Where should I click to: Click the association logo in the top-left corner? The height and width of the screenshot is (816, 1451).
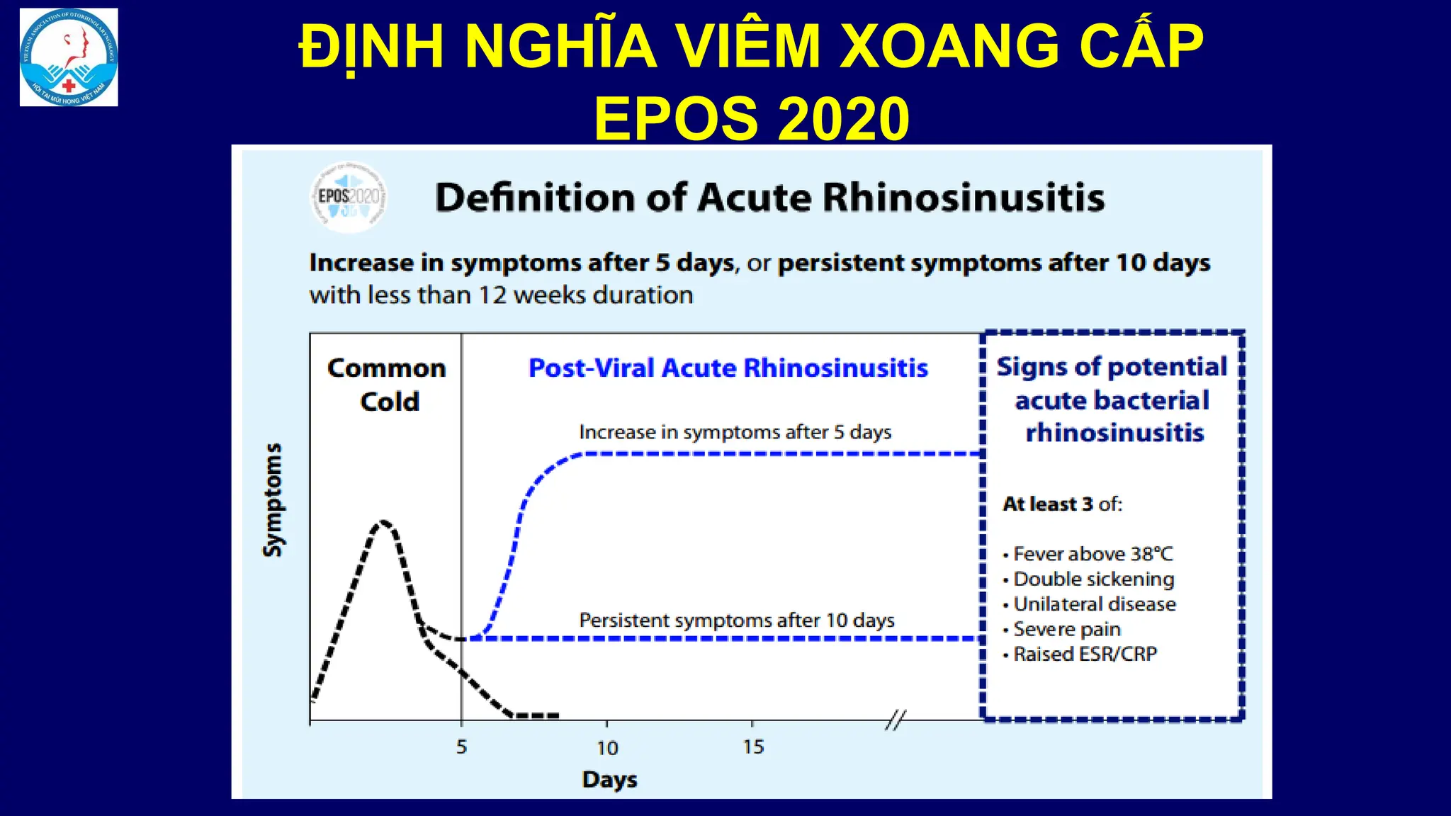pyautogui.click(x=69, y=57)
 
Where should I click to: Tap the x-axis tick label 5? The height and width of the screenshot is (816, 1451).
pyautogui.click(x=461, y=747)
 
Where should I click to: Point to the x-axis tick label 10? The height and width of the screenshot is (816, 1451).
pyautogui.click(x=607, y=748)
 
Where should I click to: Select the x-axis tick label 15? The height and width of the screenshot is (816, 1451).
pyautogui.click(x=753, y=747)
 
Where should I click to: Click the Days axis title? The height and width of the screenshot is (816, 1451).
pyautogui.click(x=609, y=780)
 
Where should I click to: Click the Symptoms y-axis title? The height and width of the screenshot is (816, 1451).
pyautogui.click(x=273, y=500)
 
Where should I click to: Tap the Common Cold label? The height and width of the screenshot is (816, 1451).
pyautogui.click(x=388, y=385)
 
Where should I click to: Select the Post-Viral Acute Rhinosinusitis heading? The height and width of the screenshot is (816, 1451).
pyautogui.click(x=728, y=368)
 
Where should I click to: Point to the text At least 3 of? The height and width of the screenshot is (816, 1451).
pyautogui.click(x=1062, y=504)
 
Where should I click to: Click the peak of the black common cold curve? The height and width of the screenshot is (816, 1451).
pyautogui.click(x=383, y=522)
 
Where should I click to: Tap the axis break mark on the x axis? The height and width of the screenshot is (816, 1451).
pyautogui.click(x=896, y=720)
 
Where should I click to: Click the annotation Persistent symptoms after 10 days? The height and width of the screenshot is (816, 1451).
pyautogui.click(x=737, y=620)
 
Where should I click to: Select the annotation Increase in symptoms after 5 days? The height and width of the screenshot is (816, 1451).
pyautogui.click(x=735, y=432)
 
